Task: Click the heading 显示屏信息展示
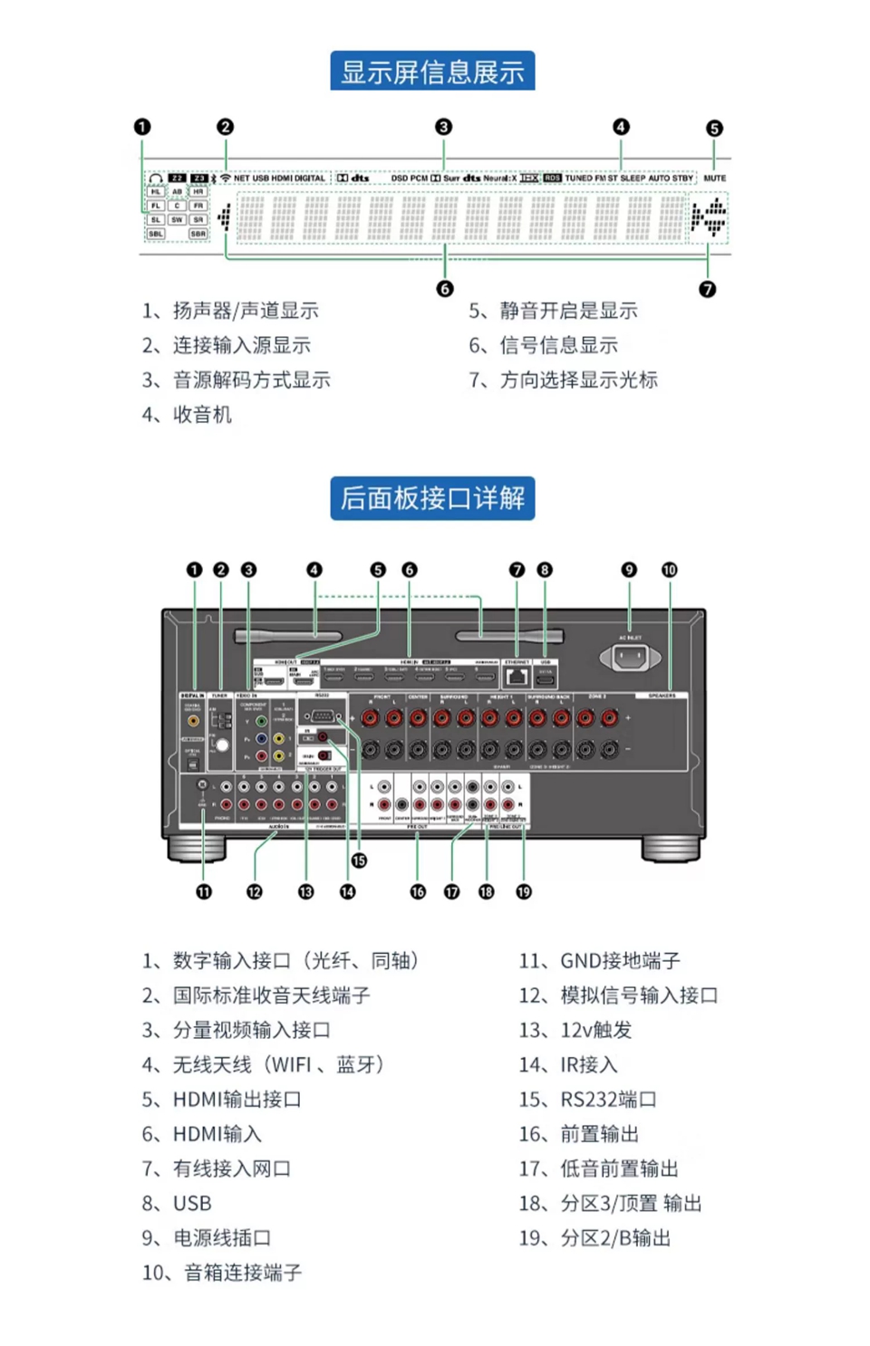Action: pyautogui.click(x=432, y=72)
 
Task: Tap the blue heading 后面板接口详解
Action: pyautogui.click(x=432, y=498)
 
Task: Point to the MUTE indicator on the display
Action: pyautogui.click(x=714, y=178)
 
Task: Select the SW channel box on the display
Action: pyautogui.click(x=177, y=220)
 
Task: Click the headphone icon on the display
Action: pyautogui.click(x=156, y=178)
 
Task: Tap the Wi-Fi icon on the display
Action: pyautogui.click(x=226, y=178)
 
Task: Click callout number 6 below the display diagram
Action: pyautogui.click(x=444, y=288)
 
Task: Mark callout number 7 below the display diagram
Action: pyautogui.click(x=707, y=289)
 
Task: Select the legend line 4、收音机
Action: pyautogui.click(x=188, y=415)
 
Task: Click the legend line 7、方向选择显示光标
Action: pyautogui.click(x=563, y=380)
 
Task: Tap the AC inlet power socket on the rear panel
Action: pyautogui.click(x=630, y=658)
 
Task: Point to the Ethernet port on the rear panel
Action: pyautogui.click(x=517, y=676)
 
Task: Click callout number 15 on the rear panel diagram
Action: pyautogui.click(x=359, y=860)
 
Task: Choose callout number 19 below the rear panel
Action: pyautogui.click(x=524, y=891)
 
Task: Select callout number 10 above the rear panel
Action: pyautogui.click(x=670, y=570)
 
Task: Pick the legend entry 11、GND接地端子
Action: pyautogui.click(x=599, y=961)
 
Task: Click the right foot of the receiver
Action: pyautogui.click(x=672, y=848)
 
